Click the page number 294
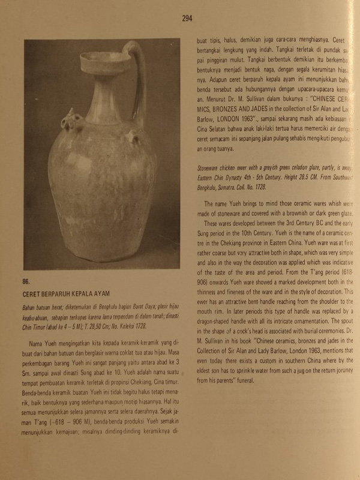coord(187,19)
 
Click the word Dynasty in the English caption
coord(241,179)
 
